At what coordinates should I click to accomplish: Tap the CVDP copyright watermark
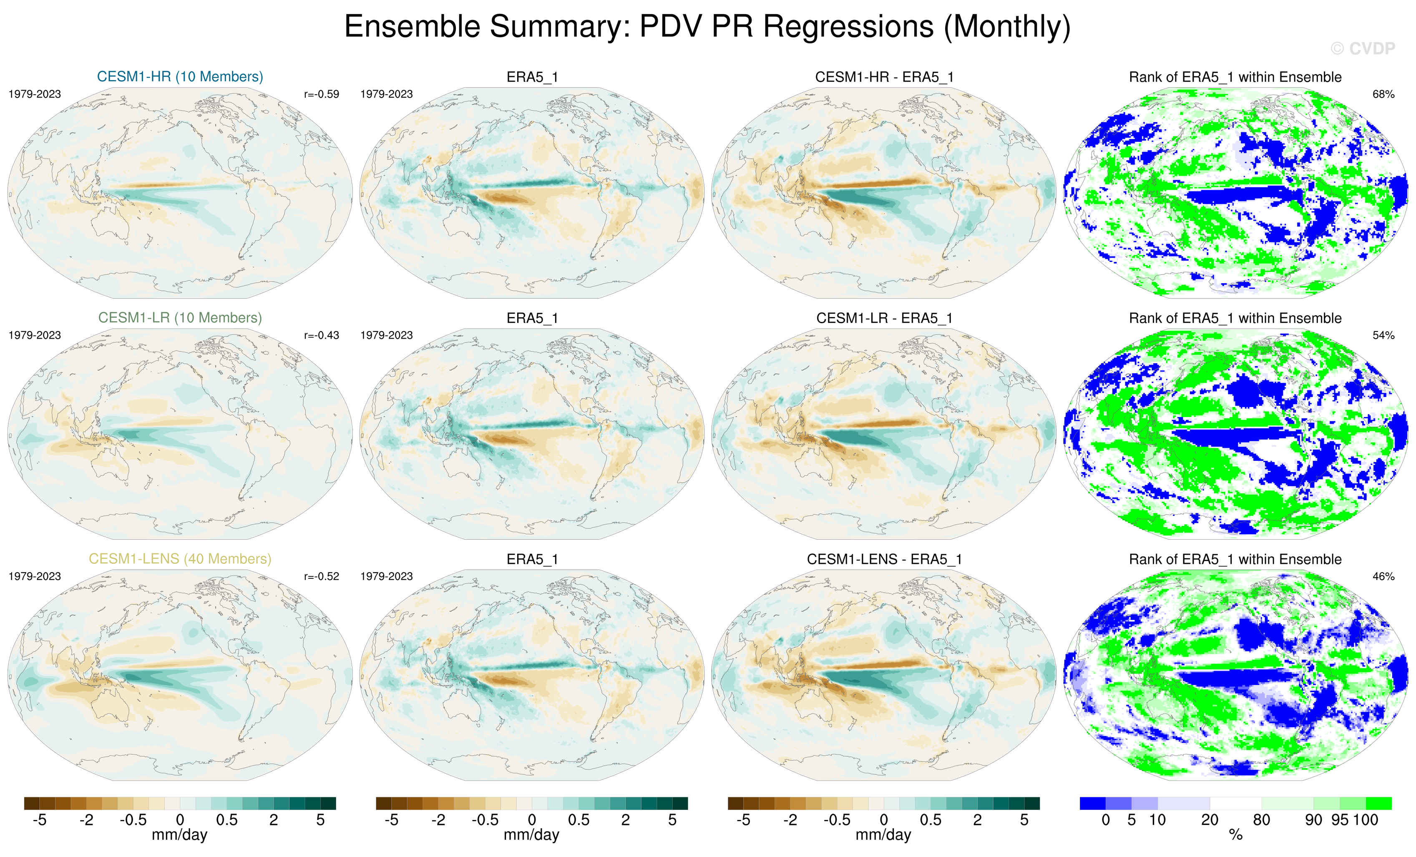coord(1363,49)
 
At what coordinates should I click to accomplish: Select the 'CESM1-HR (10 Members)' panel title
coord(180,76)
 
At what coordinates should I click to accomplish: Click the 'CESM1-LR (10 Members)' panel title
coord(180,318)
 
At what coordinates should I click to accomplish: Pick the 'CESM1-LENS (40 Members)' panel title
coord(180,559)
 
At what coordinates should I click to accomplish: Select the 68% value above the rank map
coord(1383,94)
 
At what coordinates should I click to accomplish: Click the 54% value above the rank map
coord(1383,335)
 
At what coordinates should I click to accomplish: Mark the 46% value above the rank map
coord(1383,576)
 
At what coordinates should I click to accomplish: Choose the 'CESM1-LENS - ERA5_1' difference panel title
coord(884,559)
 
